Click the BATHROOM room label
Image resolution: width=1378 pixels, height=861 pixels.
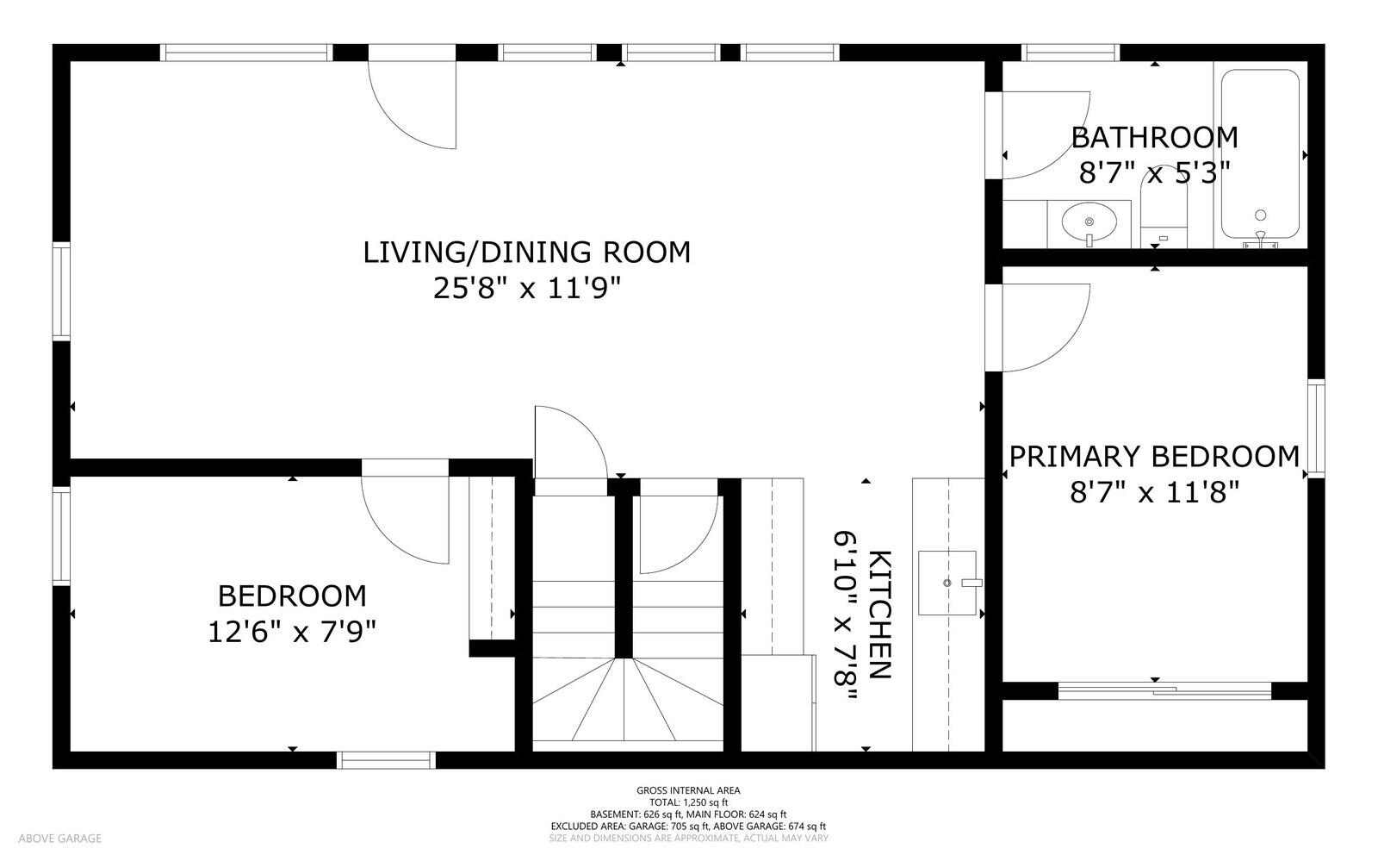pos(1155,137)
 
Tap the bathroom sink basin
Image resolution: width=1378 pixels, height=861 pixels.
pos(1089,221)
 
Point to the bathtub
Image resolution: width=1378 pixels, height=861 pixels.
pos(1260,154)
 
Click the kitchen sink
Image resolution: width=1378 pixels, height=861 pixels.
pos(947,583)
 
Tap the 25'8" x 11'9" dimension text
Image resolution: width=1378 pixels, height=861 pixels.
pos(526,287)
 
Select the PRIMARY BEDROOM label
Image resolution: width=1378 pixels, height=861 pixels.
pos(1154,457)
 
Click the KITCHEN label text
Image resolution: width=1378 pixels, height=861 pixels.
pos(879,615)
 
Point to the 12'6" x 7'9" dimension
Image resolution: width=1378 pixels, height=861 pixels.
pos(292,632)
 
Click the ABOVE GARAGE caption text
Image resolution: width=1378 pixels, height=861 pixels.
pos(59,839)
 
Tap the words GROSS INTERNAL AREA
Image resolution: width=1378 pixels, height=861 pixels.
pos(688,790)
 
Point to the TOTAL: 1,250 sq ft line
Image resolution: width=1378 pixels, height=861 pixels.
pos(688,802)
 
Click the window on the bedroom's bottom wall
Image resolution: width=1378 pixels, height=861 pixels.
pos(387,760)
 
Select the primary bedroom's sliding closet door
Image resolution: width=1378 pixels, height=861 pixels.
pos(1164,690)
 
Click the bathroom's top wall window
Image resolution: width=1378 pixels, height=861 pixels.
pos(1071,53)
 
